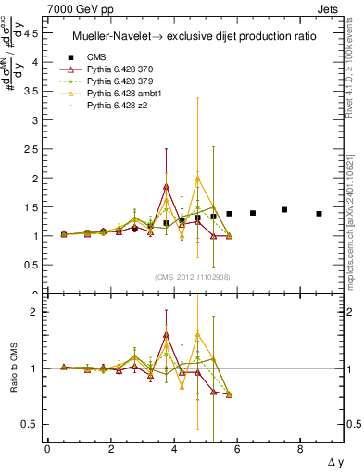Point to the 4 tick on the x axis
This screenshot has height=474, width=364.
pyautogui.click(x=173, y=449)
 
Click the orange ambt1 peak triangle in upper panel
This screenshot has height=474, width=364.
pyautogui.click(x=197, y=179)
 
